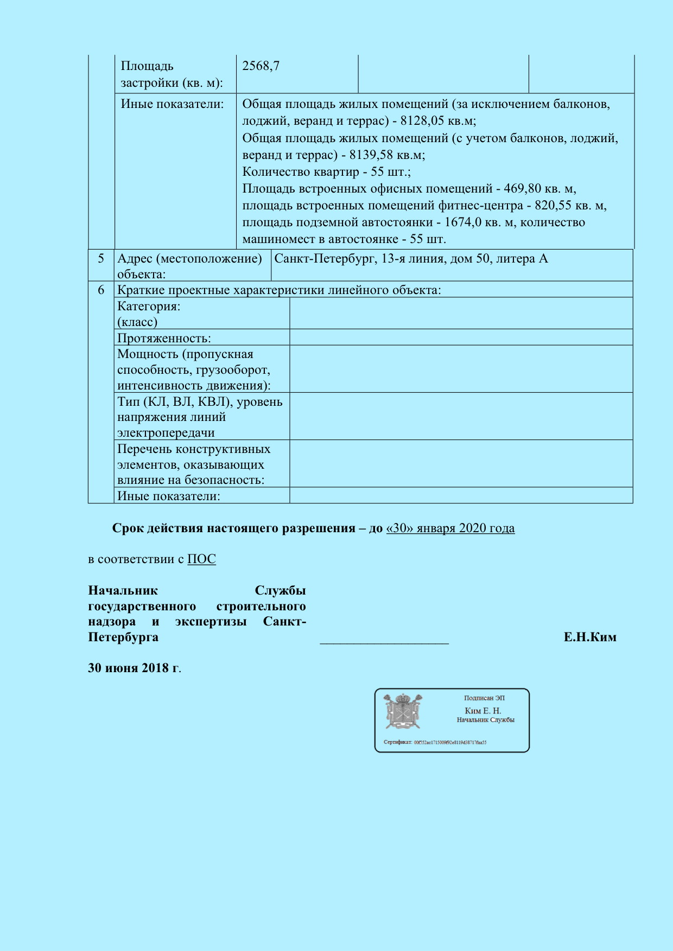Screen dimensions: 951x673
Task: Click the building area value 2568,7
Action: [x=261, y=66]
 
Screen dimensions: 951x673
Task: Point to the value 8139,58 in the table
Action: [x=371, y=155]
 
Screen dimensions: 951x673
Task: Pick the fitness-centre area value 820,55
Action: [x=554, y=206]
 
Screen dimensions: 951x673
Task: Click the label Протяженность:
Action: [x=164, y=339]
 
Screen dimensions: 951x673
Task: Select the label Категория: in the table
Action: [x=149, y=307]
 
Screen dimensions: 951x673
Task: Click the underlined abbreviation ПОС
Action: [x=201, y=559]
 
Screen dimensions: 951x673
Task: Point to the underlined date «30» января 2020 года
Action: [x=450, y=528]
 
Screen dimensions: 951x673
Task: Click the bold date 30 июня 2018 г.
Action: [x=134, y=668]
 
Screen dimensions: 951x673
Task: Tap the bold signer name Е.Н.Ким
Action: [x=589, y=637]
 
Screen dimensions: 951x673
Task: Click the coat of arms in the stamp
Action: [x=403, y=711]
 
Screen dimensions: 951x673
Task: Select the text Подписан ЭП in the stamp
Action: [x=484, y=698]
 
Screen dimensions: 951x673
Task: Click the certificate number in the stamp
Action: [x=450, y=742]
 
